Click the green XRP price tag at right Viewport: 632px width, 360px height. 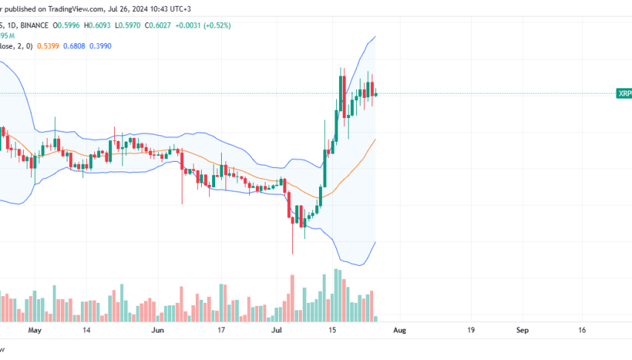pos(624,94)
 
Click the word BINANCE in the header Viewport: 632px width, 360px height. pos(36,26)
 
